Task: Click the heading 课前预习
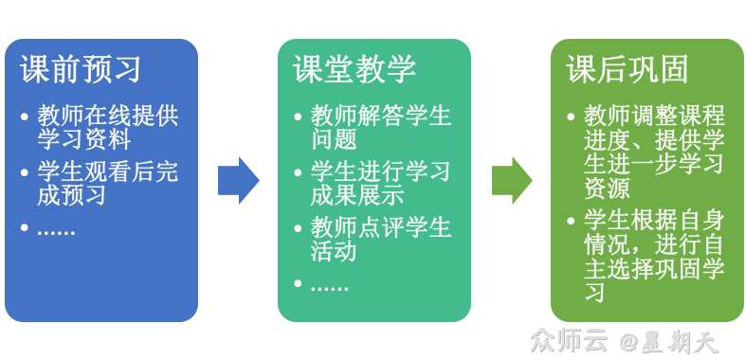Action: pos(81,69)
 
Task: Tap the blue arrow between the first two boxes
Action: pos(238,180)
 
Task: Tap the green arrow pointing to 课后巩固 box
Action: pos(512,180)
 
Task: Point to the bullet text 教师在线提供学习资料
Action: pos(107,128)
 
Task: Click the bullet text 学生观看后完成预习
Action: pos(107,184)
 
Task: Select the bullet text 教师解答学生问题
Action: pos(380,128)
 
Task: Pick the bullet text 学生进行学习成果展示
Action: pos(380,184)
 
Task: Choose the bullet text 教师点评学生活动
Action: pos(380,240)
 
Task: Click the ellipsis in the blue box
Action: pos(57,229)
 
